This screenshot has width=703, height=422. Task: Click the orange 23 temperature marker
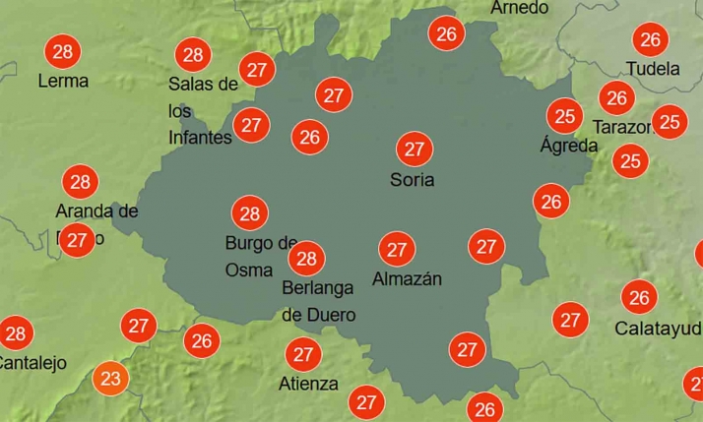[x=110, y=378]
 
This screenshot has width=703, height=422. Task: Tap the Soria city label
[x=412, y=180]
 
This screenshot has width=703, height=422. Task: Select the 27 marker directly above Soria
[x=414, y=150]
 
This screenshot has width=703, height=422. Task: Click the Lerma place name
[x=63, y=81]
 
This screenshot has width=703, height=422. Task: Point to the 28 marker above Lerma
[x=63, y=51]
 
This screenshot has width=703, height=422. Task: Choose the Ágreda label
[x=569, y=146]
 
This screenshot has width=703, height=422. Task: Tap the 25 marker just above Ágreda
[x=565, y=117]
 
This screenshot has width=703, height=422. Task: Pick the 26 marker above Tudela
[x=650, y=39]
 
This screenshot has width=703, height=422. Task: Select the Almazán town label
[x=407, y=279]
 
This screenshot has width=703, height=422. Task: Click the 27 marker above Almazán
[x=397, y=250]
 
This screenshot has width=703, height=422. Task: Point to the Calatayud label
[x=658, y=328]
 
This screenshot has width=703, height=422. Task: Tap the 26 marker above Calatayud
[x=640, y=297]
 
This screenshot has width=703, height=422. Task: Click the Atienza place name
[x=308, y=384]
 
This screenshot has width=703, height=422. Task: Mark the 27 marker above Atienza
[x=303, y=354]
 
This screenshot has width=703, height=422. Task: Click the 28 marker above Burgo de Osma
[x=249, y=213]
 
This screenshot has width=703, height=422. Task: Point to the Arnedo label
[x=519, y=8]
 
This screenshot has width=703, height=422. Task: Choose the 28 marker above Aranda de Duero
[x=81, y=182]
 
